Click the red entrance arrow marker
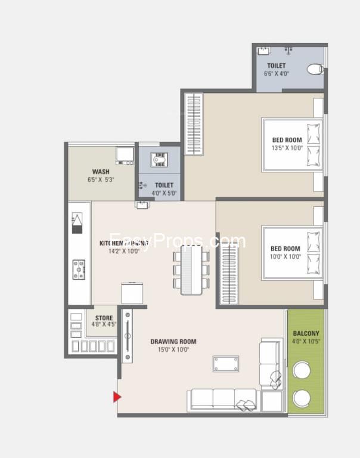[117, 397]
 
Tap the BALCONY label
[306, 333]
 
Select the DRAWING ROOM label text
[173, 342]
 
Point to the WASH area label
[100, 172]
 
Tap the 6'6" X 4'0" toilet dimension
[276, 74]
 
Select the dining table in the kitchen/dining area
[191, 269]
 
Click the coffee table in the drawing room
[226, 364]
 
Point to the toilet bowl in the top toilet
[315, 69]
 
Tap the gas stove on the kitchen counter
[79, 269]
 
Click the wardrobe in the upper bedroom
[193, 123]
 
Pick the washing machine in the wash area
[125, 154]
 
